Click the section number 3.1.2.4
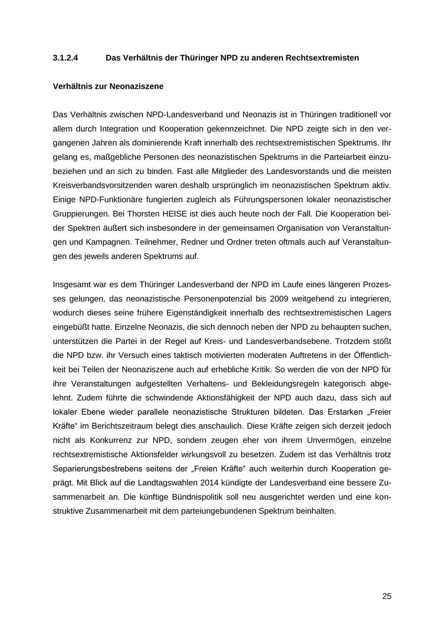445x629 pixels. (x=65, y=58)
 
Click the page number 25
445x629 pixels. (x=387, y=596)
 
